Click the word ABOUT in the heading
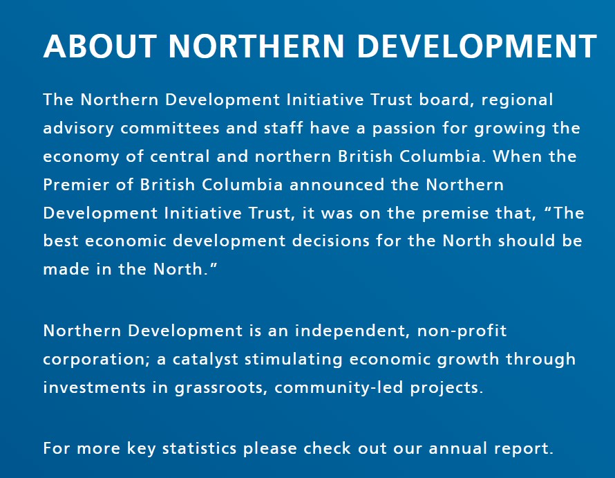pyautogui.click(x=100, y=46)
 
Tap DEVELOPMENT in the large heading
pyautogui.click(x=477, y=46)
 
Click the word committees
pyautogui.click(x=170, y=129)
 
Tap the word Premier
pyautogui.click(x=76, y=185)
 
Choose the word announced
pyautogui.click(x=337, y=185)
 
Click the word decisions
pyautogui.click(x=330, y=241)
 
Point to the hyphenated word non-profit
pyautogui.click(x=462, y=331)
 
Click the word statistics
pyautogui.click(x=199, y=448)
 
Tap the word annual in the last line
pyautogui.click(x=457, y=448)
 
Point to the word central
pyautogui.click(x=180, y=157)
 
